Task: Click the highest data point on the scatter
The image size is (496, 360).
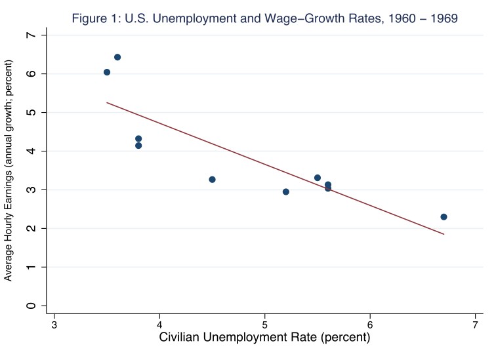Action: pos(117,57)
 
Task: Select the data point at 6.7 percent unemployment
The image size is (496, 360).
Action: pos(444,217)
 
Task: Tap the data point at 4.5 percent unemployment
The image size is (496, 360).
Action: pos(212,180)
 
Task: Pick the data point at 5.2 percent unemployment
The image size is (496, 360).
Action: pos(286,191)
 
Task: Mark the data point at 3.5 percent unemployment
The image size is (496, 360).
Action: pos(107,72)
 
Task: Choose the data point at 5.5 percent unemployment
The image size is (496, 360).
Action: pos(318,178)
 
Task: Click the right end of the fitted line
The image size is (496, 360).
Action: pos(444,234)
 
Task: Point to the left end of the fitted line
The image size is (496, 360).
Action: pos(107,102)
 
